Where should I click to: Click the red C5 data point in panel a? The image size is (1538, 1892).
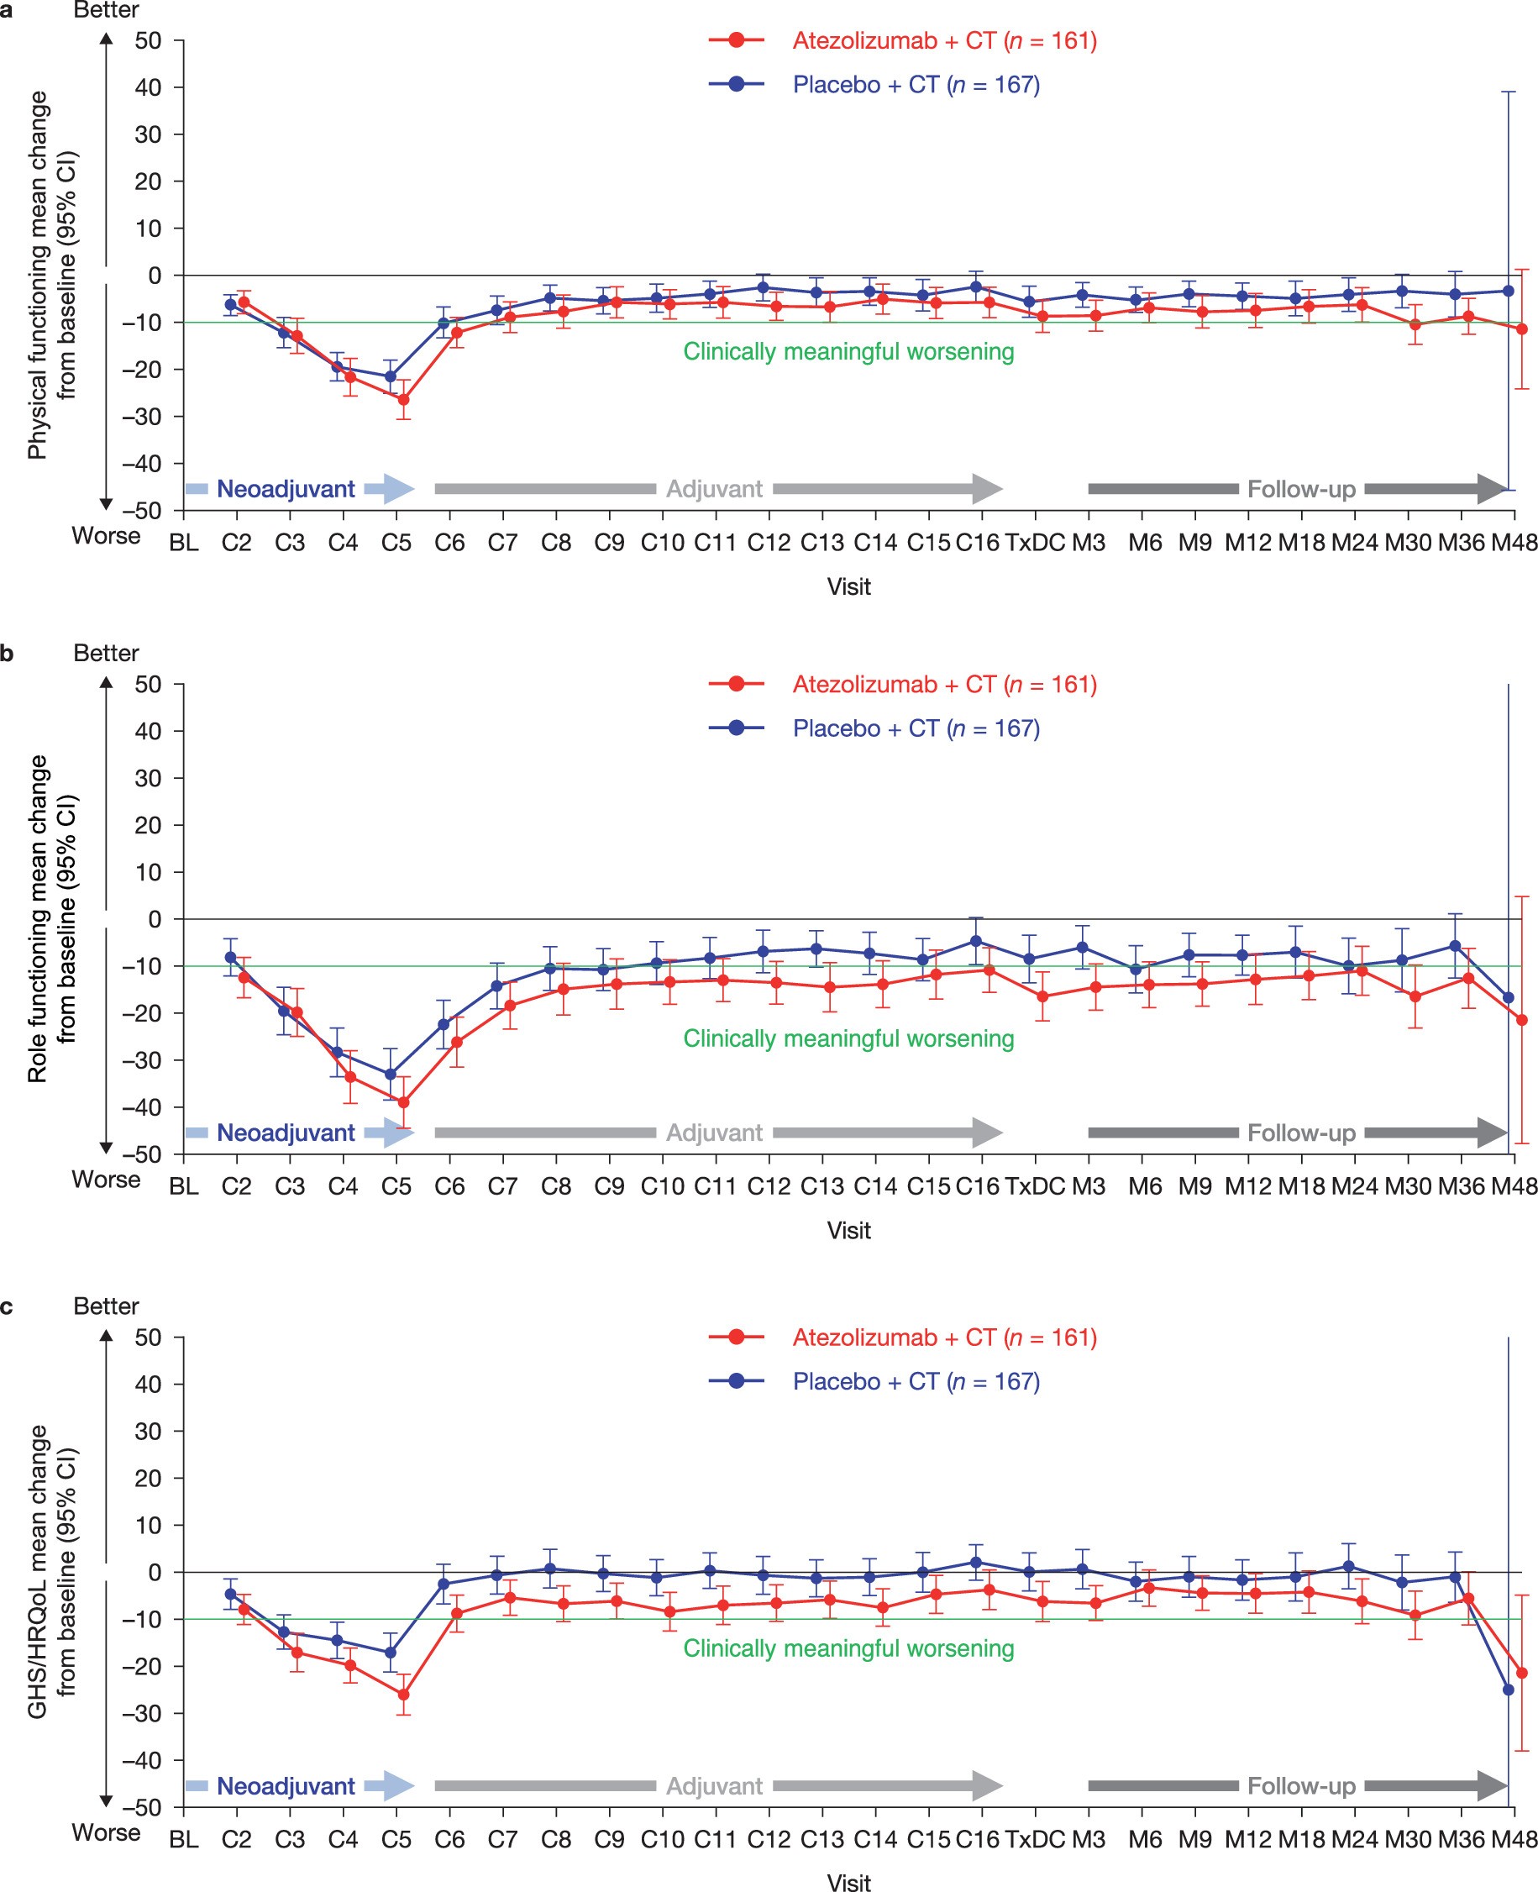pyautogui.click(x=403, y=400)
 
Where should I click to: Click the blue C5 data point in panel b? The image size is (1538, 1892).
pyautogui.click(x=390, y=1074)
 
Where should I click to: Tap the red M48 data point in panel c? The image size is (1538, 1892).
pyautogui.click(x=1522, y=1673)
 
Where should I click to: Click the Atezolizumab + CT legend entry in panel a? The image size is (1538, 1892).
pyautogui.click(x=903, y=41)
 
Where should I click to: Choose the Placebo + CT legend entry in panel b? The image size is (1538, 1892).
pyautogui.click(x=874, y=728)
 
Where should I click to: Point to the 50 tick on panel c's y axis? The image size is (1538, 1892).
pyautogui.click(x=148, y=1338)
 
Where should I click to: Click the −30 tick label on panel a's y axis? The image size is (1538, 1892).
pyautogui.click(x=142, y=417)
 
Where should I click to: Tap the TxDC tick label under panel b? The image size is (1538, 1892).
pyautogui.click(x=1035, y=1185)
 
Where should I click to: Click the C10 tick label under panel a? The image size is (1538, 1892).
pyautogui.click(x=662, y=543)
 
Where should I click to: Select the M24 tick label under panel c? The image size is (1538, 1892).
pyautogui.click(x=1354, y=1839)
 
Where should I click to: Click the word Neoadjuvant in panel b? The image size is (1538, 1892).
pyautogui.click(x=286, y=1133)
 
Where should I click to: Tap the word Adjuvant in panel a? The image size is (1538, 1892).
pyautogui.click(x=714, y=489)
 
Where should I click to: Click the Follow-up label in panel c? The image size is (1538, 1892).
pyautogui.click(x=1300, y=1785)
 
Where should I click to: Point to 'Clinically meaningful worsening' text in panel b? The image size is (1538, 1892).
pyautogui.click(x=848, y=1038)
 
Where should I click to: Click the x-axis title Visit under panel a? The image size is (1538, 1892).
pyautogui.click(x=848, y=586)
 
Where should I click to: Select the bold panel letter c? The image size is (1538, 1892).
pyautogui.click(x=7, y=1306)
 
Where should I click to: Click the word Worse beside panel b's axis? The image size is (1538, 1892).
pyautogui.click(x=107, y=1180)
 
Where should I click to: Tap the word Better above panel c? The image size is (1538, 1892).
pyautogui.click(x=107, y=1306)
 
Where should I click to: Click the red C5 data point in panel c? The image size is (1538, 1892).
pyautogui.click(x=403, y=1695)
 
